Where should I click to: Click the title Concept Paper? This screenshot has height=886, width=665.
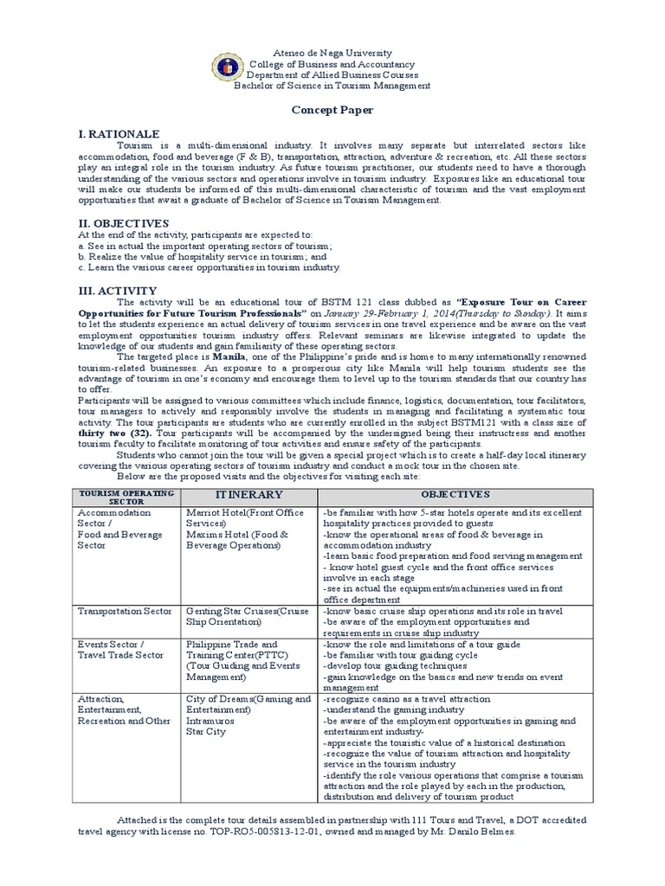(332, 111)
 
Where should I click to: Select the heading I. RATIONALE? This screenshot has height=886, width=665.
(119, 134)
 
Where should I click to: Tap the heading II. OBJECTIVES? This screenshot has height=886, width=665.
(123, 222)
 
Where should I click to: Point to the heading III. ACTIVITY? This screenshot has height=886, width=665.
(117, 290)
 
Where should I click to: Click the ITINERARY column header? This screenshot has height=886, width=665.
(249, 494)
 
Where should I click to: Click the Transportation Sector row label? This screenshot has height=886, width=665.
(125, 611)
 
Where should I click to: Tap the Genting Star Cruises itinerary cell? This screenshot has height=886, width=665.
(248, 616)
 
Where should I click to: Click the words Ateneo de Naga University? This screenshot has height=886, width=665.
(332, 54)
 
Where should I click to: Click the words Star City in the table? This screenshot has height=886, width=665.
(204, 731)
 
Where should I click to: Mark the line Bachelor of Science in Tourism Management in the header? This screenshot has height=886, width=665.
(332, 87)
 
